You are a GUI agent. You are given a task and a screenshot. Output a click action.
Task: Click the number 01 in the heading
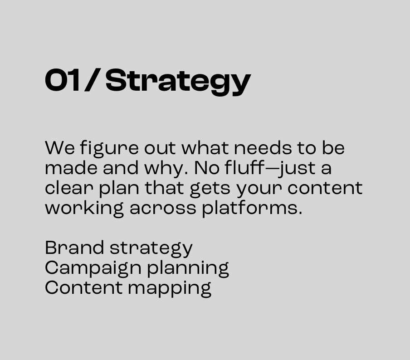pyautogui.click(x=63, y=81)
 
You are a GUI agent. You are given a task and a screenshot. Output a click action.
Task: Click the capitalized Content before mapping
pyautogui.click(x=83, y=288)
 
